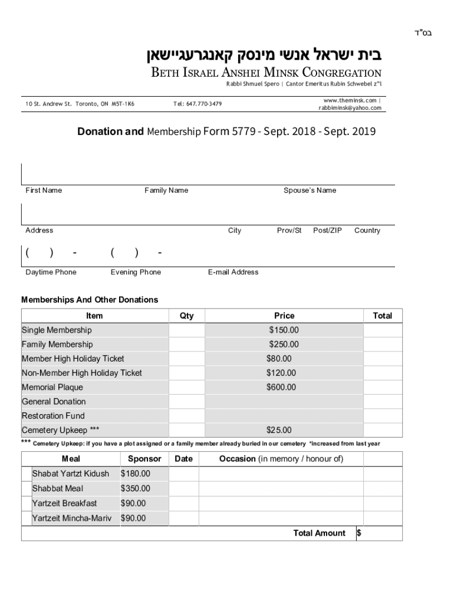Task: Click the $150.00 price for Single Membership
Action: coord(284,330)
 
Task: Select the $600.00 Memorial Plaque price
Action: coord(281,388)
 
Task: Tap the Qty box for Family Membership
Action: coord(186,344)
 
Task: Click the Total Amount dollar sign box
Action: coord(379,533)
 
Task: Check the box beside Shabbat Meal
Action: coord(26,488)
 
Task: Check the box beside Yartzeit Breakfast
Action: coord(26,503)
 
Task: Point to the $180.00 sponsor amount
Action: coord(135,474)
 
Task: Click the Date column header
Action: coord(183,459)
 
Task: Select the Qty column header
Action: coord(186,316)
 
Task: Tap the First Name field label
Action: coord(44,191)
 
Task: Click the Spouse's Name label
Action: coord(310,191)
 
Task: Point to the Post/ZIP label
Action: coord(327,231)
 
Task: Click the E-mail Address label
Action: coord(233,273)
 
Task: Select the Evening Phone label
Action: coord(136,273)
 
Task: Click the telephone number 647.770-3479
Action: coord(198,104)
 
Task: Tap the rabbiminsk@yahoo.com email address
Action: coord(350,108)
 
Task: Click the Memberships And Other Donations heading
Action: coord(90,300)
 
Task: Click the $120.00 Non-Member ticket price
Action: coord(281,373)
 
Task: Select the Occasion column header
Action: coord(281,459)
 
